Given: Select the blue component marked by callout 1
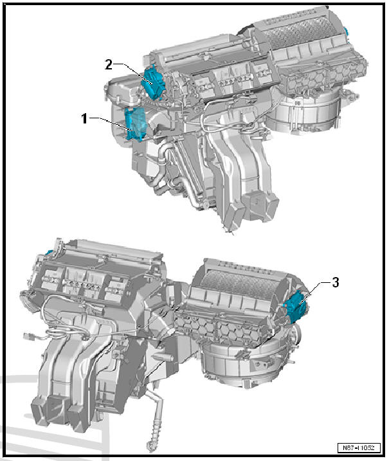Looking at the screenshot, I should pyautogui.click(x=136, y=123).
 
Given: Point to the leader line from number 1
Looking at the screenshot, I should pyautogui.click(x=109, y=120).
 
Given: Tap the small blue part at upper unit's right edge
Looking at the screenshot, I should pyautogui.click(x=345, y=31).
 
